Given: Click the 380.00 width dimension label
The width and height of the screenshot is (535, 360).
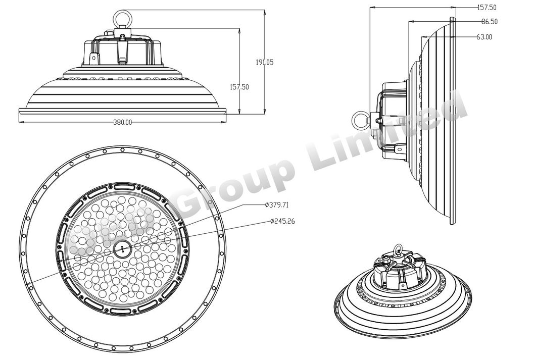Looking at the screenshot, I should [122, 123].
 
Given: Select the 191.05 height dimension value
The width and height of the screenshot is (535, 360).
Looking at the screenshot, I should [264, 62].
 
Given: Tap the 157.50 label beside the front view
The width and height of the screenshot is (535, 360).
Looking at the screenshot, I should [239, 87].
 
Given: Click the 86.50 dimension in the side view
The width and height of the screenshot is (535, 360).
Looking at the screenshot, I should [489, 22].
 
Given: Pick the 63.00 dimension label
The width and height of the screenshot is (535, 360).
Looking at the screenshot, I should [484, 37].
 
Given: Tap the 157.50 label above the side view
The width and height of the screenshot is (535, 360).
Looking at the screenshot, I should [487, 8].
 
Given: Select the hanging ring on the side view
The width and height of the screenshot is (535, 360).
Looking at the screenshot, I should [359, 119].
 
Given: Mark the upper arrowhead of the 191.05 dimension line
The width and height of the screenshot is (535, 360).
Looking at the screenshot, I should [265, 12].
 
